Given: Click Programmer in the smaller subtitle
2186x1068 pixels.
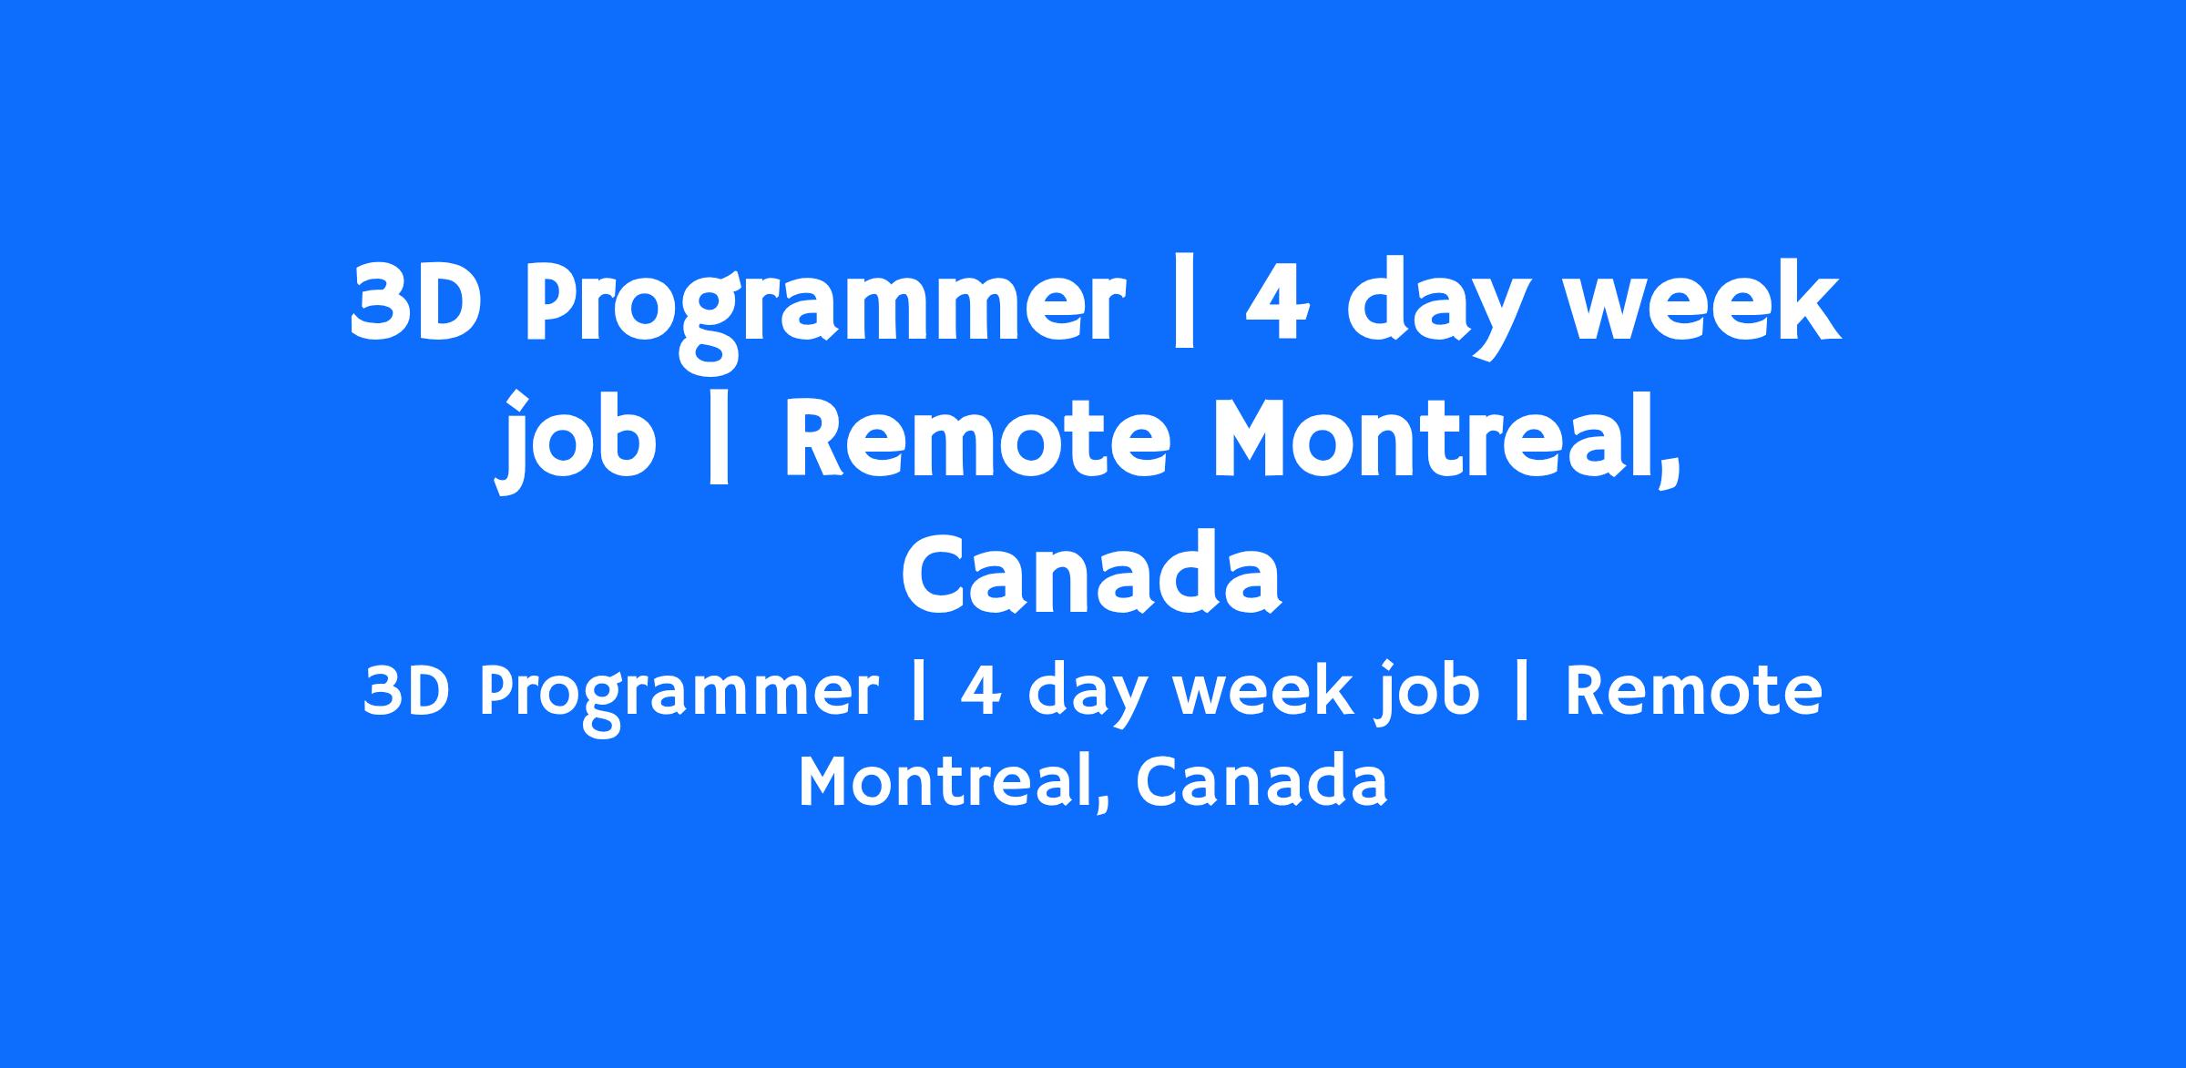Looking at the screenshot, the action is click(x=679, y=699).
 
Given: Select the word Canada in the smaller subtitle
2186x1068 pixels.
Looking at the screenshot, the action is click(x=1261, y=782).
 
